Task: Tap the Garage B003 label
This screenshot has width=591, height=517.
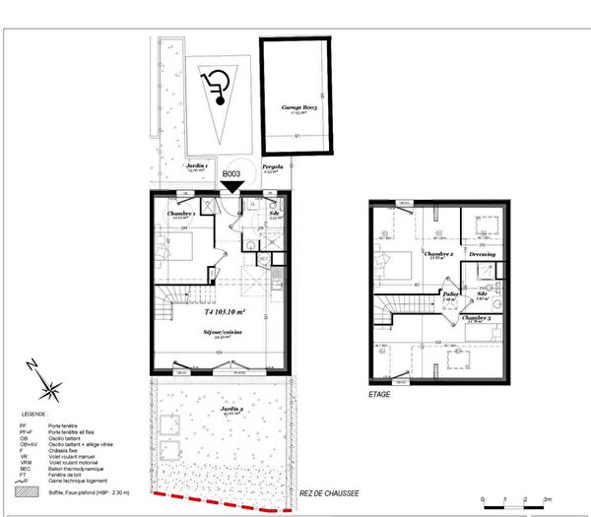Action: (x=295, y=109)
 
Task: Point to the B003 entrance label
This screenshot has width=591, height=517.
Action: (x=231, y=173)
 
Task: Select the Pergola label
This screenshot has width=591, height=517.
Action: (x=273, y=167)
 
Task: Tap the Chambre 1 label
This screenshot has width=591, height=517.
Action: (x=181, y=214)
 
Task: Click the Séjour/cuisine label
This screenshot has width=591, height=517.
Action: (x=219, y=334)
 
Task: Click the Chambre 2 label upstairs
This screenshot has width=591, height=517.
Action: (x=437, y=253)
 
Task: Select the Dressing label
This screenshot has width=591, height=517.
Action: (x=482, y=254)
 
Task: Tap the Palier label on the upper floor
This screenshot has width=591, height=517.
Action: (x=451, y=293)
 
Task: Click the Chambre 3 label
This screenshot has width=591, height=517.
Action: (x=477, y=318)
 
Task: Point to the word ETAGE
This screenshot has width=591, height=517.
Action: (x=379, y=394)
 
